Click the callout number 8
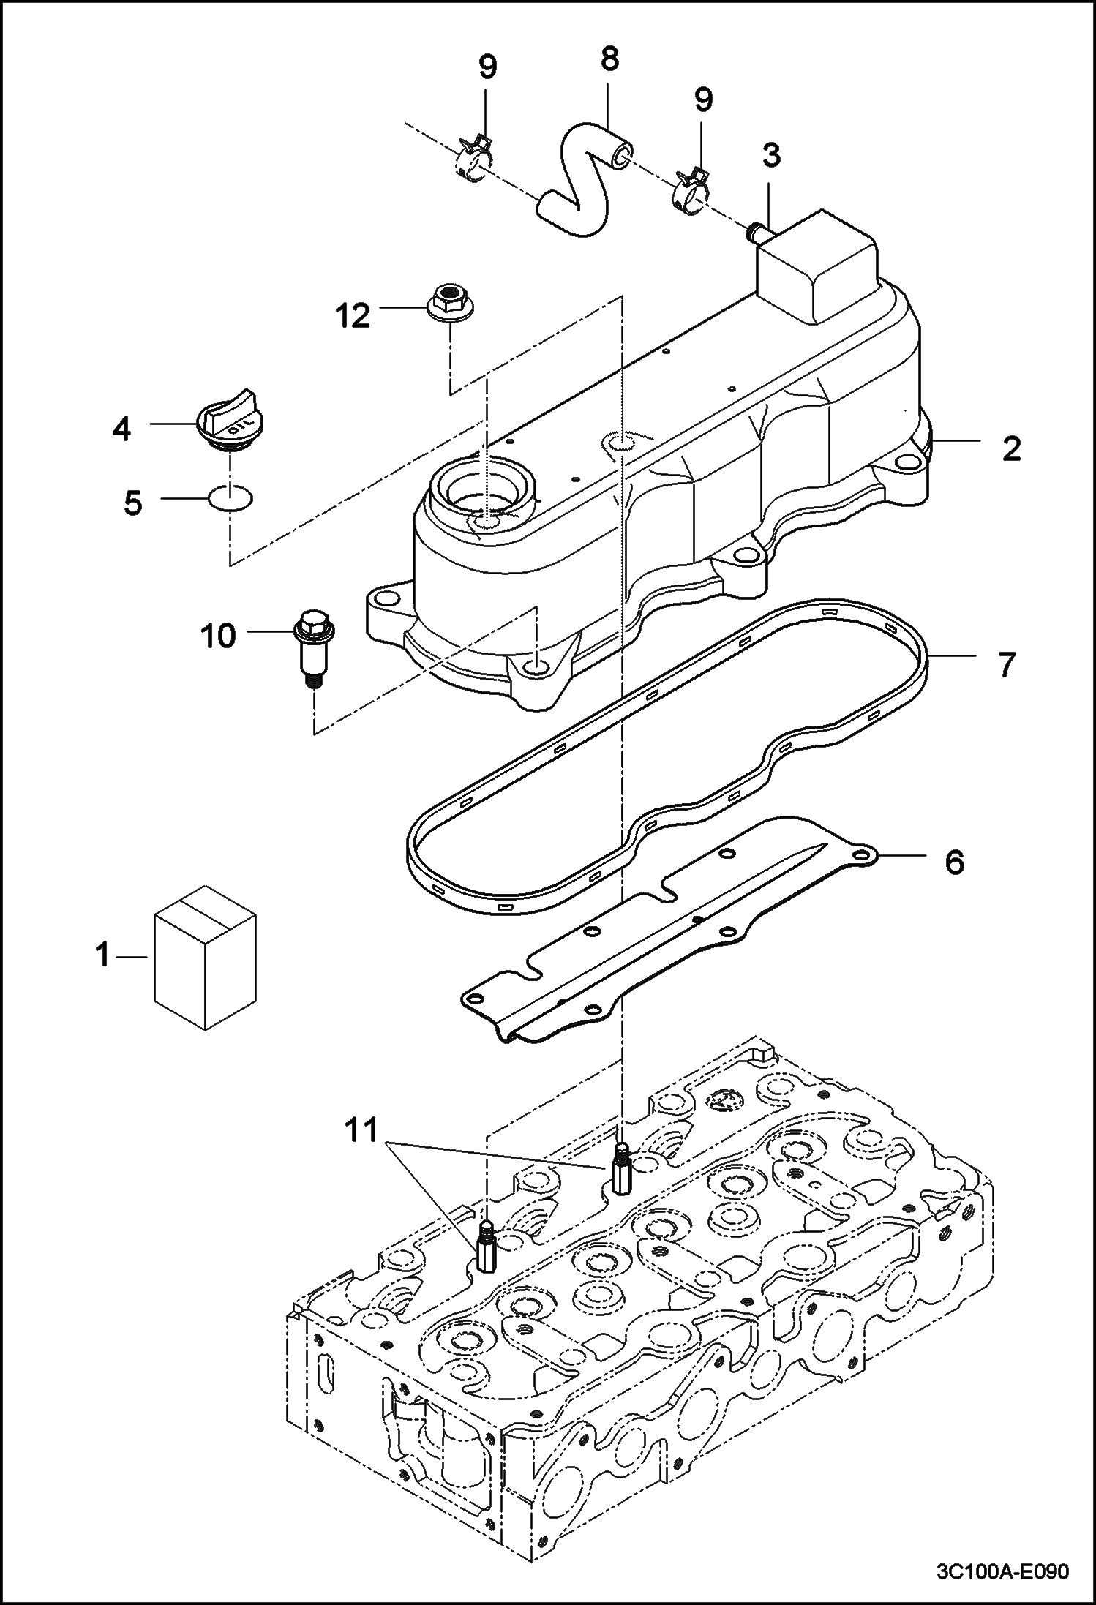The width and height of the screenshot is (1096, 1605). (609, 59)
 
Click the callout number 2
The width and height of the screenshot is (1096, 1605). (1011, 448)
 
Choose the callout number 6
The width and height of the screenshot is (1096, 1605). (954, 862)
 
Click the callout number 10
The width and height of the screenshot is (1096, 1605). (218, 636)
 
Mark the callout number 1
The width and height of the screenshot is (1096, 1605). (103, 955)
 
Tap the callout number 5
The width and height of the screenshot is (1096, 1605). (132, 503)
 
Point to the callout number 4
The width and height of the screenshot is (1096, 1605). (121, 429)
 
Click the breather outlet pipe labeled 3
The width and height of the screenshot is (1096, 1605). (754, 233)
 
